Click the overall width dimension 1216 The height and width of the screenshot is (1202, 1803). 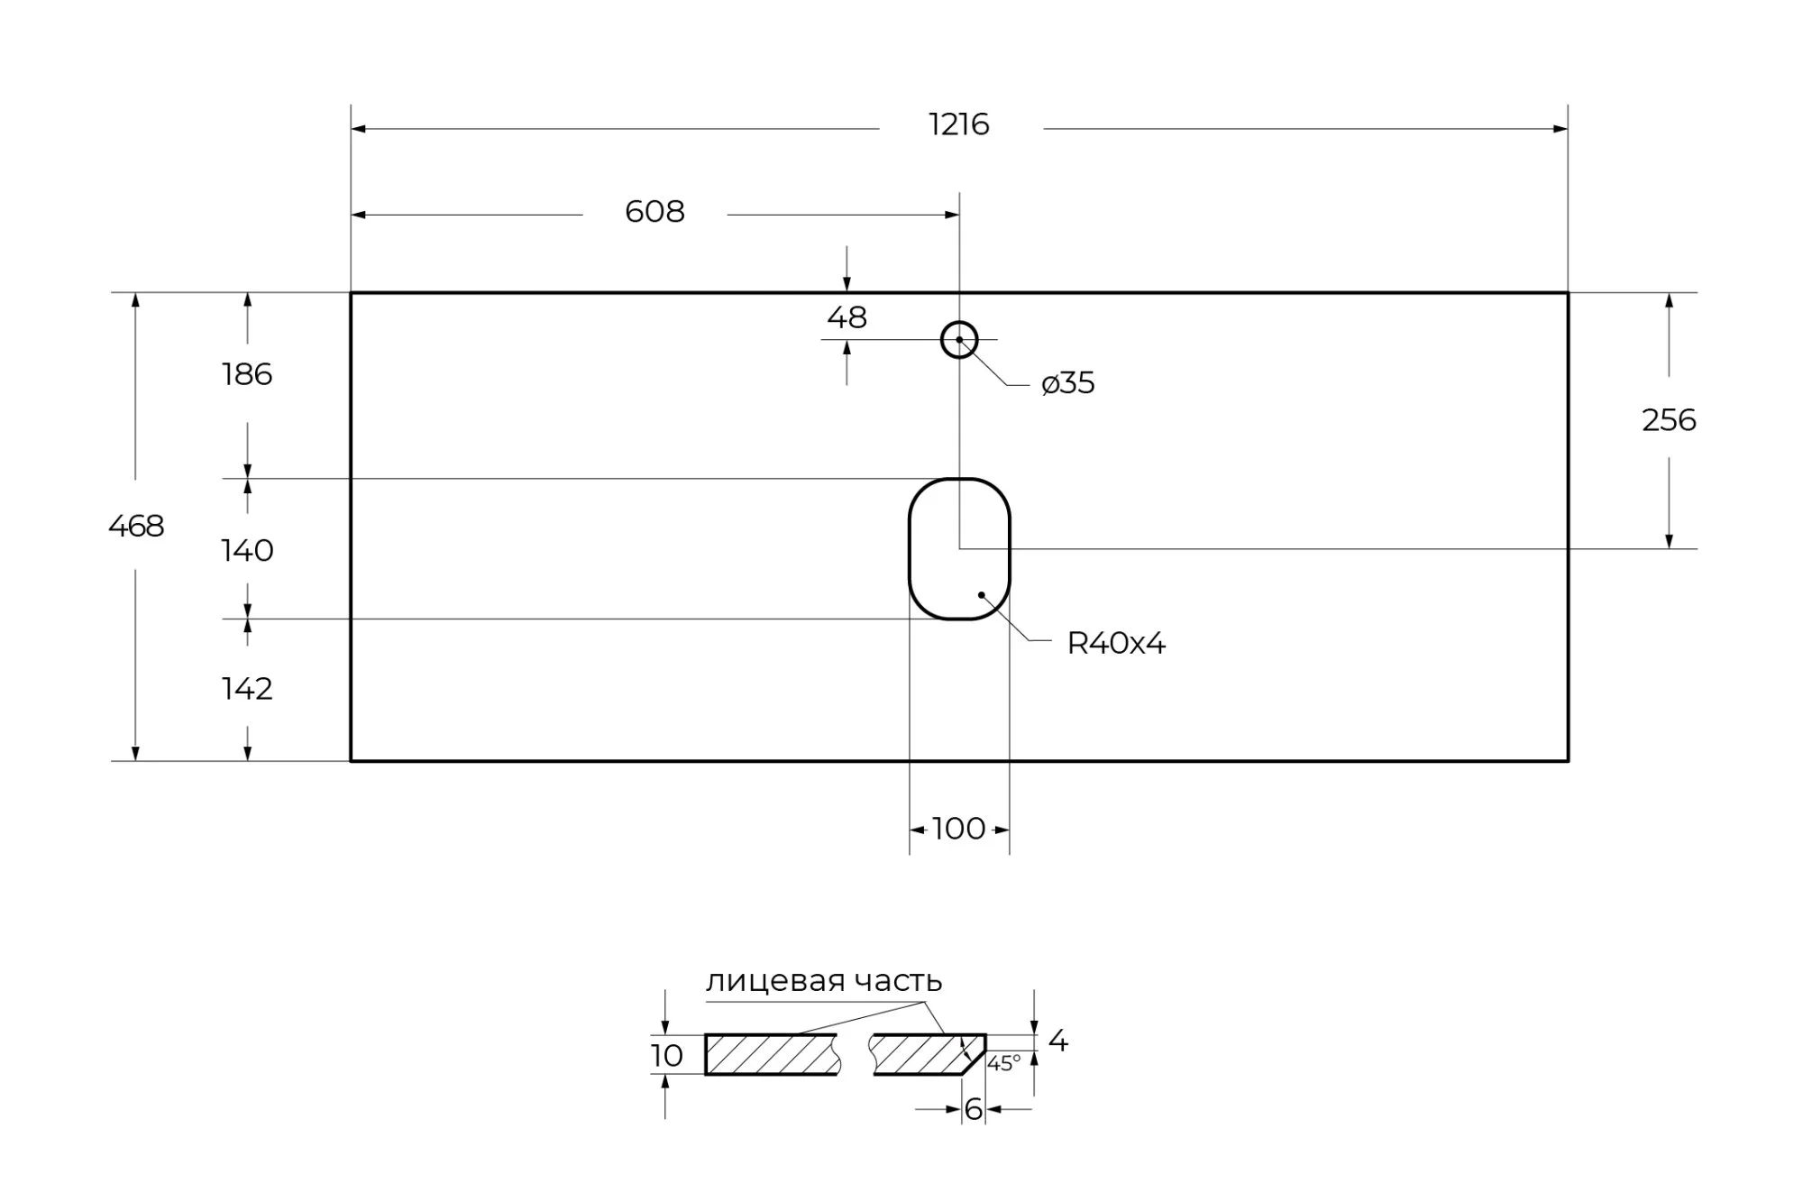[x=958, y=124]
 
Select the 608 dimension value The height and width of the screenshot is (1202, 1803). [x=654, y=212]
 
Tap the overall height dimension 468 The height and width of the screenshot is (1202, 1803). [x=136, y=526]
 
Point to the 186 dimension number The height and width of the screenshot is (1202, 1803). [x=247, y=374]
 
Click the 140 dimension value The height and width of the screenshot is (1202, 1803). [x=247, y=550]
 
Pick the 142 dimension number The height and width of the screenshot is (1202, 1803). [x=247, y=689]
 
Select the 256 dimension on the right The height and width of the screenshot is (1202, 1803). [x=1669, y=420]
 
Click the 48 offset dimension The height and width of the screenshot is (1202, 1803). [x=847, y=317]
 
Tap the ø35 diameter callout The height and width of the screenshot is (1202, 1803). [x=1068, y=383]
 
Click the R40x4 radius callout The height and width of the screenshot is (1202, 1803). [x=1116, y=644]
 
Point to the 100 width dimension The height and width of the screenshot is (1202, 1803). [x=958, y=829]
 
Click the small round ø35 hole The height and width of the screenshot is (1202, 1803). [x=959, y=340]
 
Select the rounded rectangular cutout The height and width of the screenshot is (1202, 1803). [x=959, y=548]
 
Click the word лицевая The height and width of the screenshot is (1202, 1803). [x=774, y=981]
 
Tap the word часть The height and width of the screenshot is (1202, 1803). [x=898, y=981]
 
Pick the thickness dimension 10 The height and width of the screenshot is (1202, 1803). [x=667, y=1056]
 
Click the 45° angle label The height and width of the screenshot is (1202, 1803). [x=1003, y=1064]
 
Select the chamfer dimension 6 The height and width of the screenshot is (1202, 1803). [x=973, y=1110]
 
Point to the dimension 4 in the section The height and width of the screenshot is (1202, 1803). [x=1058, y=1041]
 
